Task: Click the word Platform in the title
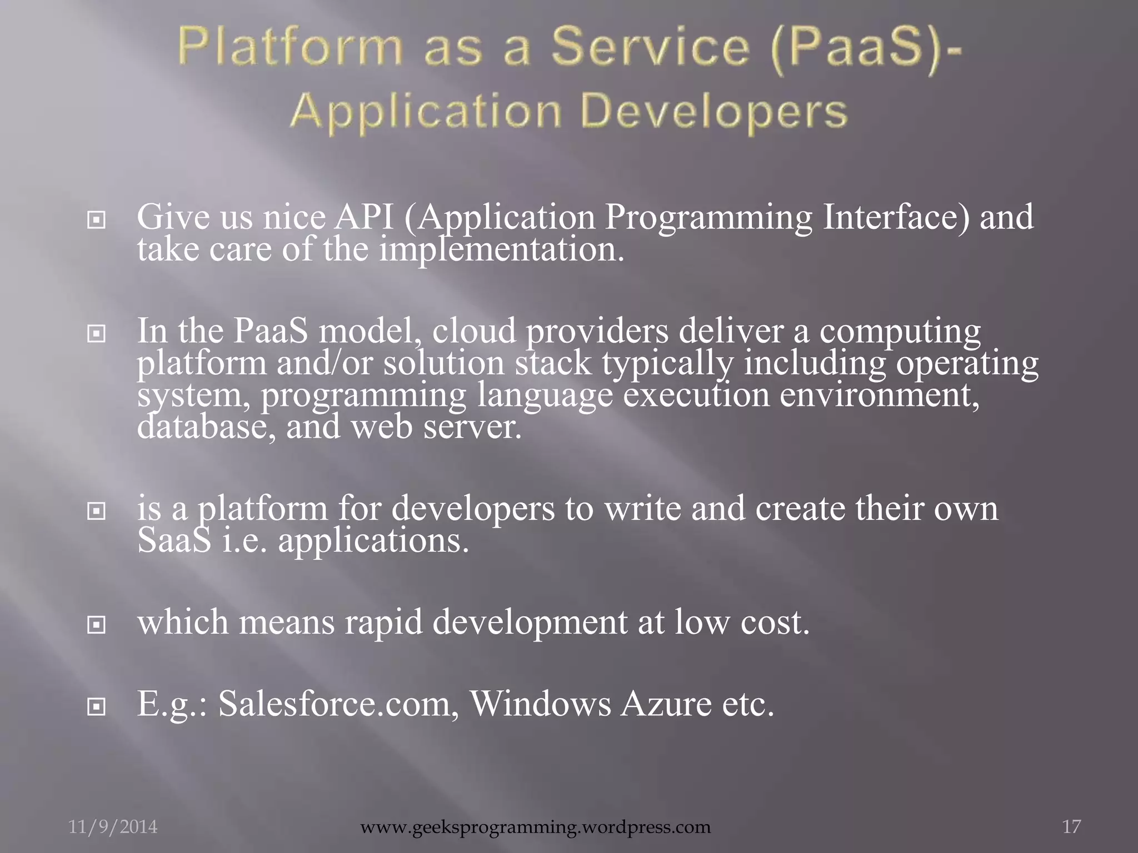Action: click(290, 48)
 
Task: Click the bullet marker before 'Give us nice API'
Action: click(97, 221)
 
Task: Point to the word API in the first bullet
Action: click(363, 217)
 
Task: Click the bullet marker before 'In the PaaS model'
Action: click(97, 334)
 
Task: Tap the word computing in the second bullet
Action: click(900, 332)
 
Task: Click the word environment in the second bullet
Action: click(875, 395)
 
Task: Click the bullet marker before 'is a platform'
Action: click(97, 511)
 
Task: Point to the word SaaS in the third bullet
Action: click(174, 541)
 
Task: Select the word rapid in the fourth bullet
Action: click(383, 623)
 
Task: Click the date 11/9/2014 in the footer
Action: click(113, 827)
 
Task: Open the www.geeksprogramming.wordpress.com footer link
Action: click(536, 827)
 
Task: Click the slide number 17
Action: click(1072, 827)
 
